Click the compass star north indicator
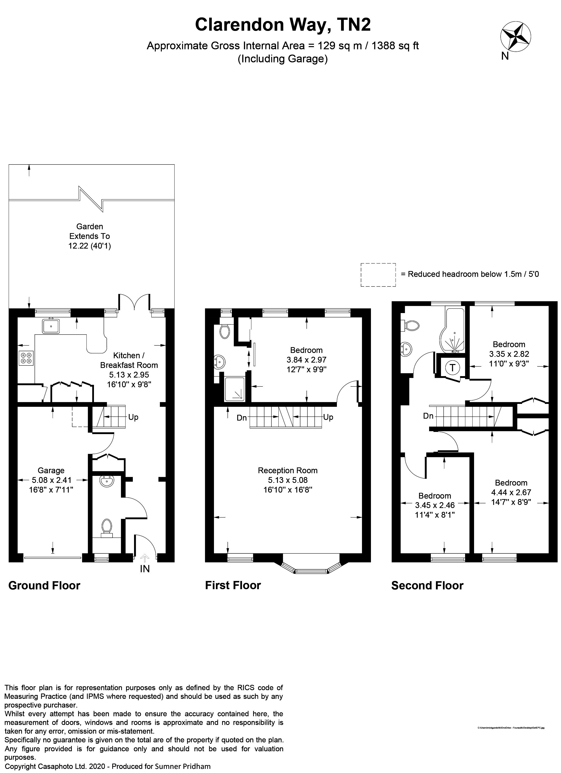tap(515, 36)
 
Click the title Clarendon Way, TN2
tap(283, 25)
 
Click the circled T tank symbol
tap(452, 368)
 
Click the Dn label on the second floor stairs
tap(428, 416)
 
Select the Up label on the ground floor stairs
tap(133, 417)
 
